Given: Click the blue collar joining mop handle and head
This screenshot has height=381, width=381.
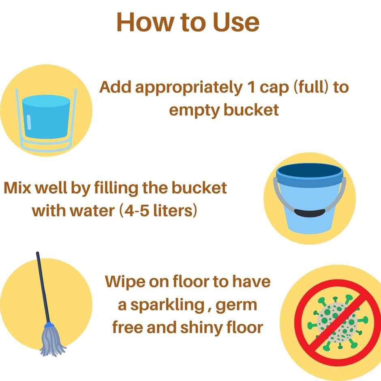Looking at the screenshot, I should (x=48, y=325).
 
